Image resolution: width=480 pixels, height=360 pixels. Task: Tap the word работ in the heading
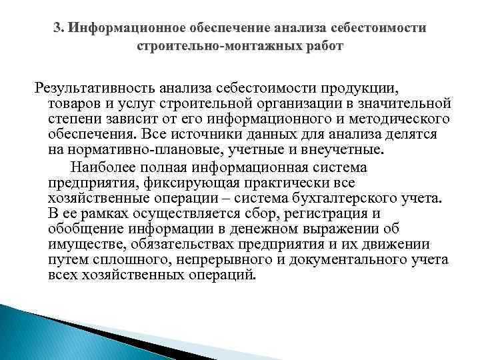pos(321,48)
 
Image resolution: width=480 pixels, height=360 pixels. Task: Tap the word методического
pos(407,120)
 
